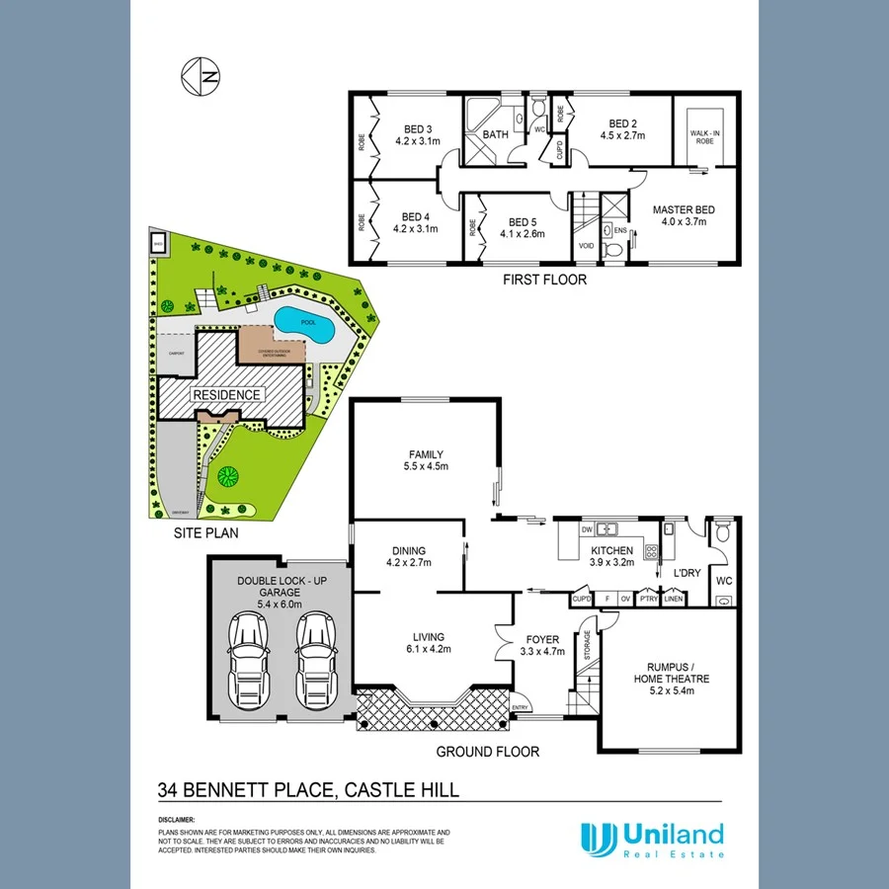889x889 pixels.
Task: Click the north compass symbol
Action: coord(201,75)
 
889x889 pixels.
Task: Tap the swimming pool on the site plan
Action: coord(302,321)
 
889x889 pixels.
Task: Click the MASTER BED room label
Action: coord(684,209)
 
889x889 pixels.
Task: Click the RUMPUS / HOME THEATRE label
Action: coord(671,672)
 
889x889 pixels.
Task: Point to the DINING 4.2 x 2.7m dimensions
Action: coord(407,564)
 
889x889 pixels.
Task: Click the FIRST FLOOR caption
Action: coord(544,280)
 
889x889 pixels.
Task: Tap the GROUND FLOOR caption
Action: coord(488,752)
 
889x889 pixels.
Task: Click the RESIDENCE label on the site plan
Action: coord(227,395)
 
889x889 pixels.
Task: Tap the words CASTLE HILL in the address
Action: coord(399,789)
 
